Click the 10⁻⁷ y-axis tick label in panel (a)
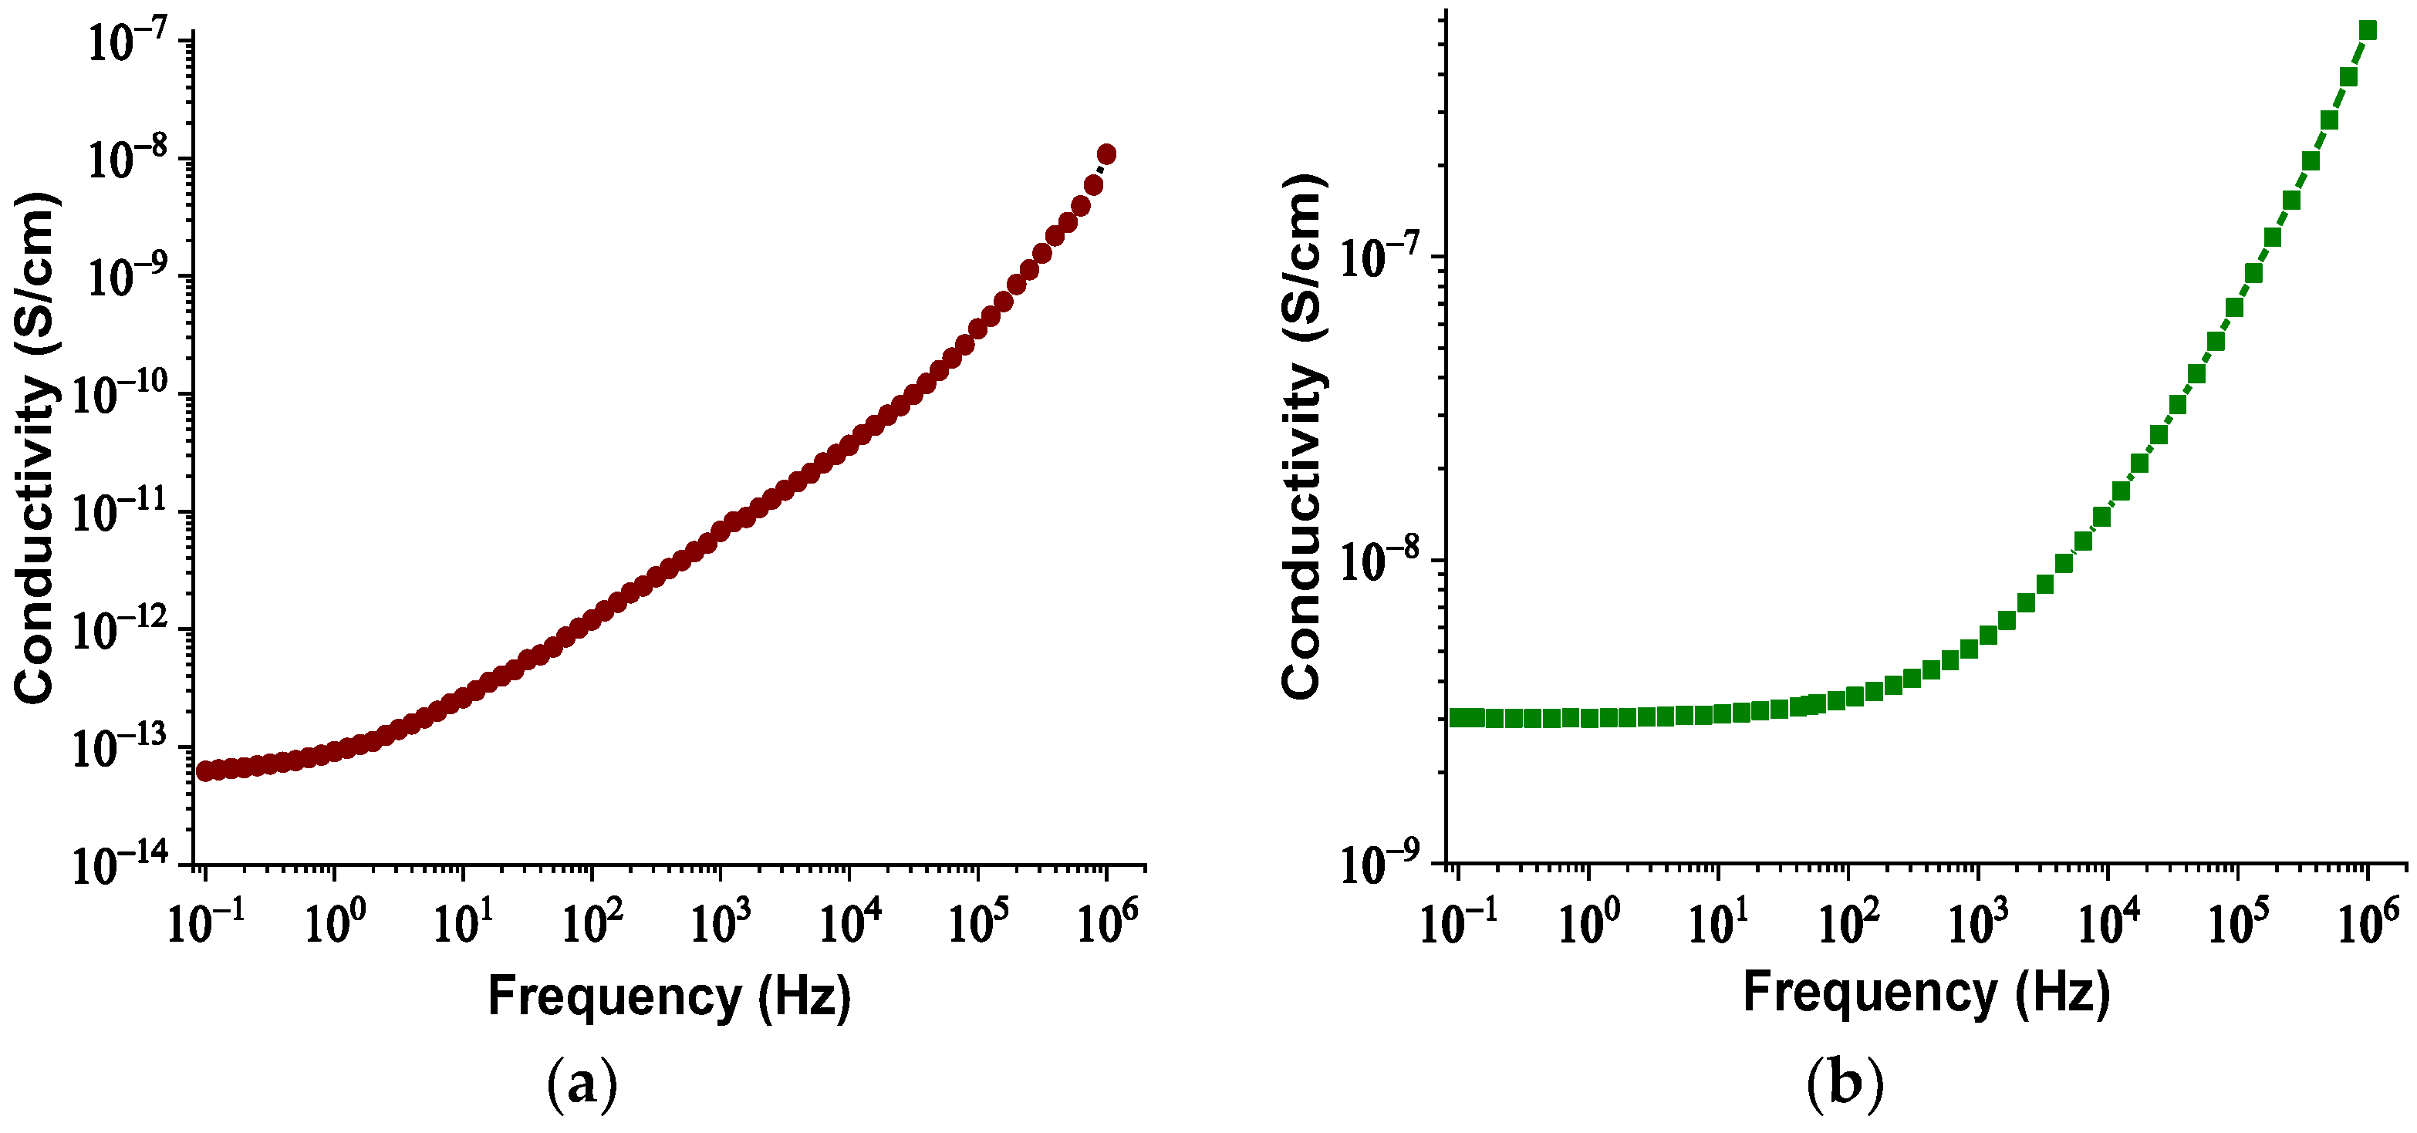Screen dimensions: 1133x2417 127,43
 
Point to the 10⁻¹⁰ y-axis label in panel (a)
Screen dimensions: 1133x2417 120,395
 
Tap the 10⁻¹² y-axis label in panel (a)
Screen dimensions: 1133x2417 120,630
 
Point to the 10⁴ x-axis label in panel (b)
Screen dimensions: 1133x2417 2108,923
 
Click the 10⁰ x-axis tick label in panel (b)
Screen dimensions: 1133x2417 1588,923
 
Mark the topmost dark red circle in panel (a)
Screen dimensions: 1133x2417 1106,153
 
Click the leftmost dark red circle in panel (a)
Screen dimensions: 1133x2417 204,771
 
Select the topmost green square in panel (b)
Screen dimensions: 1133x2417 2368,31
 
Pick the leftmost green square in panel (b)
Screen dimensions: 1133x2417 1458,717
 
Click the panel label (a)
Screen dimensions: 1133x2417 582,1084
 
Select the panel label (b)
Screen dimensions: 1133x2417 1845,1084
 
